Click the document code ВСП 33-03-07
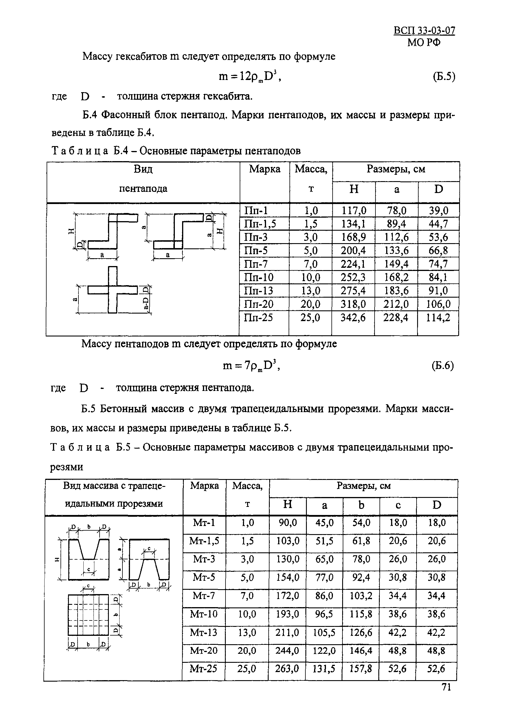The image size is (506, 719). pos(424,31)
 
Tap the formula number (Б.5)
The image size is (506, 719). pos(444,77)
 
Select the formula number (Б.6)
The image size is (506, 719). pos(443,365)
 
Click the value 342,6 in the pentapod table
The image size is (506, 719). pos(353,318)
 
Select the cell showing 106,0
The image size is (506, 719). pos(439,304)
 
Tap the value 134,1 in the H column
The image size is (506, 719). pos(353,224)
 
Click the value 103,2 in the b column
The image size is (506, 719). pos(361,596)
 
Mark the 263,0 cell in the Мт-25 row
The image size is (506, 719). pos(287,669)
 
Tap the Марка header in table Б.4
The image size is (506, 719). pos(265,170)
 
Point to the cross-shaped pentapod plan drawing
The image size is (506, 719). pos(113,290)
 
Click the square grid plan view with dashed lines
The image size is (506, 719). pos(88,615)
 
